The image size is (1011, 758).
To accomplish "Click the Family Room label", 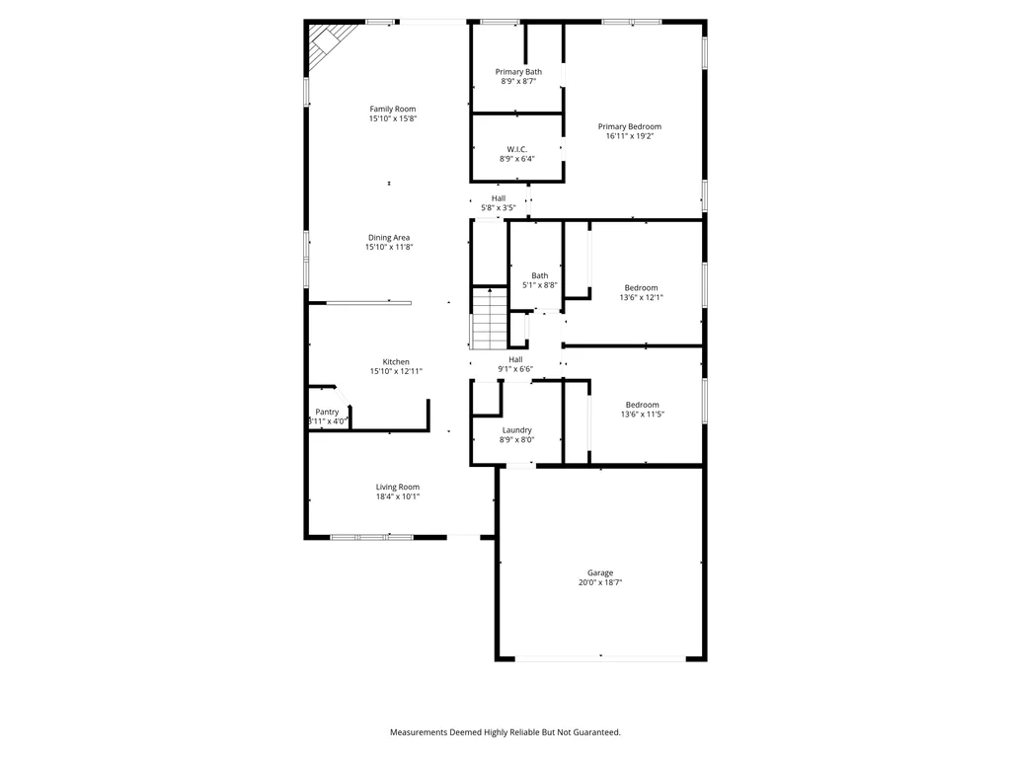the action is [x=393, y=109].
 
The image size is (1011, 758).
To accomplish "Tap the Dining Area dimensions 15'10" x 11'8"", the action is [x=389, y=247].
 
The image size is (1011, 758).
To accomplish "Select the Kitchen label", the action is [x=396, y=362].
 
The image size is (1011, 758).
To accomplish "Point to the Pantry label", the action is [x=327, y=412].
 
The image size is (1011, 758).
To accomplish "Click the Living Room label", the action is [x=398, y=488].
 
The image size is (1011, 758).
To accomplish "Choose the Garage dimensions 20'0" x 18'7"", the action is [x=600, y=582].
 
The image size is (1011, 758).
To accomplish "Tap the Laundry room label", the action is [x=517, y=430].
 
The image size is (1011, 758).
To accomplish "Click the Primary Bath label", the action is [x=518, y=72].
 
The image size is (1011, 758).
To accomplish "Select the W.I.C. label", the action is [x=517, y=150].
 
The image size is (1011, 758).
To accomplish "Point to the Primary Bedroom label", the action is [x=629, y=127].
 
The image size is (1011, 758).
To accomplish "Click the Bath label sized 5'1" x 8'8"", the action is [x=540, y=276].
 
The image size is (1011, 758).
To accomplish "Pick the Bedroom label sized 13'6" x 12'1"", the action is [x=642, y=288].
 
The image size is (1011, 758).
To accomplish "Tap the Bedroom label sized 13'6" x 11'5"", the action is [x=642, y=406].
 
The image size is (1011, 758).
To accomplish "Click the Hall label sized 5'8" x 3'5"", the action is [x=499, y=198].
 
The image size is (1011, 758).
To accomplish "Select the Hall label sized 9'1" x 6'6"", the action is [x=515, y=359].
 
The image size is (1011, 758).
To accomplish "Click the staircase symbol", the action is [x=490, y=319].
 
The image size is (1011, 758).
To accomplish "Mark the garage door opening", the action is [x=600, y=658].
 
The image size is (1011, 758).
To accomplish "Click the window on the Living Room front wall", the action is [x=372, y=537].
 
